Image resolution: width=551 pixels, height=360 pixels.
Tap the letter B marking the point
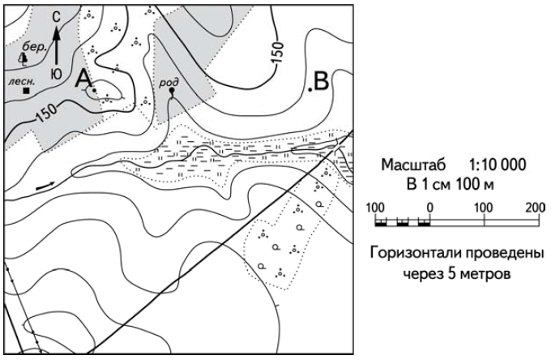pyautogui.click(x=321, y=80)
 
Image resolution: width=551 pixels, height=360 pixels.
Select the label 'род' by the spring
pyautogui.click(x=169, y=81)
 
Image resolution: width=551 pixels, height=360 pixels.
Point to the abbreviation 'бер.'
pyautogui.click(x=35, y=48)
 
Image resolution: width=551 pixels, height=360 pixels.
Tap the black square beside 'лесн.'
pyautogui.click(x=26, y=92)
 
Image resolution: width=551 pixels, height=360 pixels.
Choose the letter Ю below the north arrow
pyautogui.click(x=55, y=73)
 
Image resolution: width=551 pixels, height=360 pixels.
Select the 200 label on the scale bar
pyautogui.click(x=535, y=207)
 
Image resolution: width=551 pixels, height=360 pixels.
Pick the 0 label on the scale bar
pyautogui.click(x=430, y=207)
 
